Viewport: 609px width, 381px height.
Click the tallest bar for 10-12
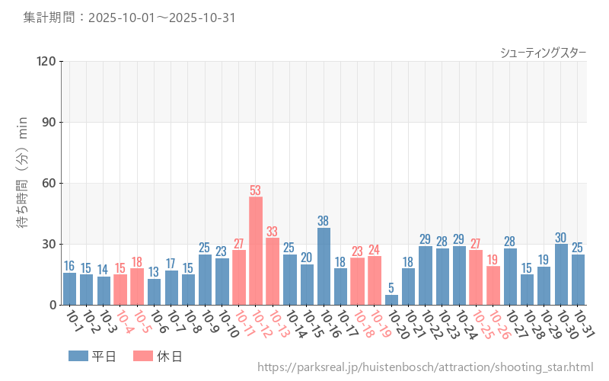(256, 251)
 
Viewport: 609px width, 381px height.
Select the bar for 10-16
(324, 267)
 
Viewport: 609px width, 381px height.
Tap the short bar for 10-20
(391, 300)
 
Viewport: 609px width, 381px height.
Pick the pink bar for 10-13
(273, 271)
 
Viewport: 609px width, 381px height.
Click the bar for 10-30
(561, 274)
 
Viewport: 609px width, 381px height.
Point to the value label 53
(256, 190)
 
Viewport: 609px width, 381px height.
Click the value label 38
(324, 221)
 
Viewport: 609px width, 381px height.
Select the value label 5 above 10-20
(391, 288)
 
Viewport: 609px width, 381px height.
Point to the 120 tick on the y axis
(46, 62)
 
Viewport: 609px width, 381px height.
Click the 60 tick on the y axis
(49, 184)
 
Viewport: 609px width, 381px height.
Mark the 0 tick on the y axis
(52, 305)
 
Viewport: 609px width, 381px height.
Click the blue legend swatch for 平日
(78, 356)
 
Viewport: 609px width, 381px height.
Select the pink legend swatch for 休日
(143, 356)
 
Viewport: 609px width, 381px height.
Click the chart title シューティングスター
(543, 53)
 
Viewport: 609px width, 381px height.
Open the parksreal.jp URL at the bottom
(426, 367)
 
